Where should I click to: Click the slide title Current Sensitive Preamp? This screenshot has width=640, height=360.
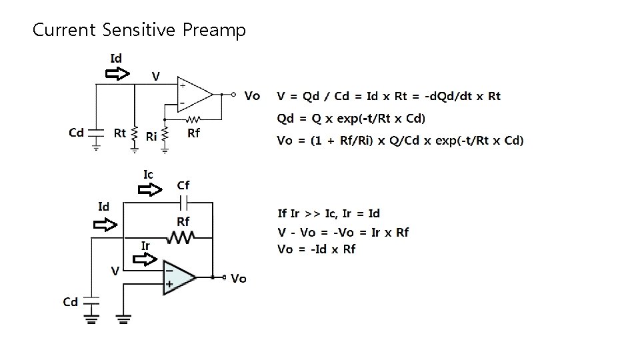pyautogui.click(x=139, y=30)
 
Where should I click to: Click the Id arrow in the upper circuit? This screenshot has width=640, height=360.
pyautogui.click(x=119, y=73)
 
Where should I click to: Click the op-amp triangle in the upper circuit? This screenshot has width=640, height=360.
pyautogui.click(x=193, y=94)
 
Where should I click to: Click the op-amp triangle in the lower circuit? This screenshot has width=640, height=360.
pyautogui.click(x=178, y=277)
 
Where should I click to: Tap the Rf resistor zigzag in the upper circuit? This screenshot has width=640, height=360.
pyautogui.click(x=193, y=120)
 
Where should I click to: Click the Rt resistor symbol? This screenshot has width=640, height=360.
pyautogui.click(x=135, y=133)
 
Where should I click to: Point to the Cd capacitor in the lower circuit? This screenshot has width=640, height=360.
pyautogui.click(x=91, y=301)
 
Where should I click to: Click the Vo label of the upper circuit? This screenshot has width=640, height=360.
pyautogui.click(x=252, y=96)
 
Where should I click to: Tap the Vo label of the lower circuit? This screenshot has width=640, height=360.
pyautogui.click(x=238, y=279)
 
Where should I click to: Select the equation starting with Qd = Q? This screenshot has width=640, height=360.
pyautogui.click(x=351, y=119)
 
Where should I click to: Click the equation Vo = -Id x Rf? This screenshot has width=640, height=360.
pyautogui.click(x=317, y=249)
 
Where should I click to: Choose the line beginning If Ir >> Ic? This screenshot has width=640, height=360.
pyautogui.click(x=329, y=213)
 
